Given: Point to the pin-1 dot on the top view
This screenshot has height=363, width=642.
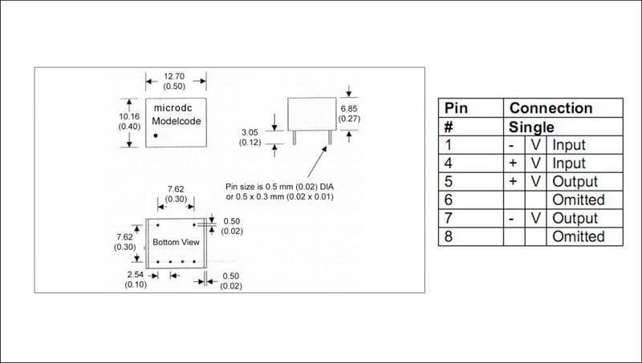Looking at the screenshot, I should [x=159, y=136].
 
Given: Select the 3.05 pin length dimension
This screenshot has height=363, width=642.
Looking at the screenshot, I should [x=256, y=131].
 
